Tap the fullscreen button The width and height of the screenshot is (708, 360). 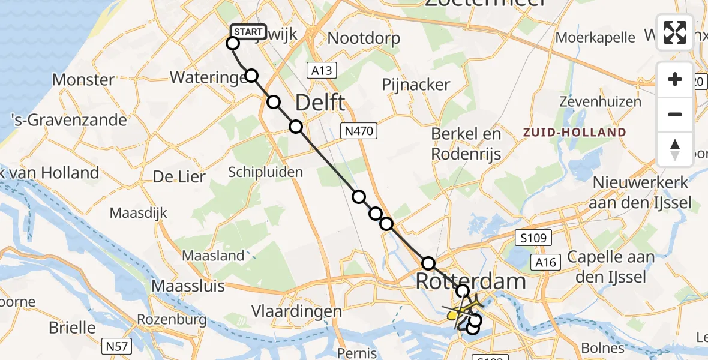tap(675, 32)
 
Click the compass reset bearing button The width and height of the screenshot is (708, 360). tap(675, 149)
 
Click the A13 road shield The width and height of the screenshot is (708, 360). tap(321, 71)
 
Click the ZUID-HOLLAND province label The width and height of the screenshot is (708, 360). tap(574, 132)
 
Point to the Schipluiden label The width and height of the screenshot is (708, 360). tap(265, 172)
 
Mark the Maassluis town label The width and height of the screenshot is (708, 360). tap(188, 286)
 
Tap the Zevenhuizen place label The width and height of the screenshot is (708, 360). tap(600, 102)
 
